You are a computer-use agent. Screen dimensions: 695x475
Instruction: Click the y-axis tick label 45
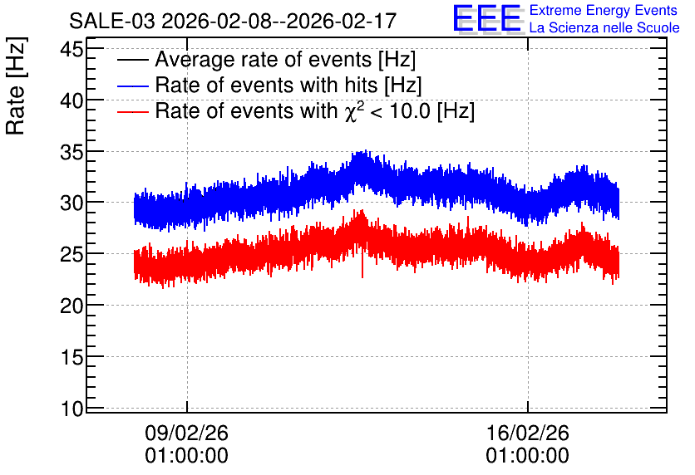coord(71,49)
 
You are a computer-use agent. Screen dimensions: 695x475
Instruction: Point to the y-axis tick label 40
coord(71,100)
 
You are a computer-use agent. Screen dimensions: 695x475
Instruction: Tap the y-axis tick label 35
coord(71,152)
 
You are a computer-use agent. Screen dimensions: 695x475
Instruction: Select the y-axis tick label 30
coord(71,203)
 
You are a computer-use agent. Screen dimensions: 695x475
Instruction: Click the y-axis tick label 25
coord(71,254)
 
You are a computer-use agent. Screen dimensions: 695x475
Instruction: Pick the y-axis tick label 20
coord(71,306)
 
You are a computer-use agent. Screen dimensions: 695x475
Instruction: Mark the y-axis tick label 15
coord(71,357)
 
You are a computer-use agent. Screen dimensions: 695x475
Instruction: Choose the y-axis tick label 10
coord(71,409)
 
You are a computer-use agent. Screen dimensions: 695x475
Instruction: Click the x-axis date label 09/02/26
coord(186,433)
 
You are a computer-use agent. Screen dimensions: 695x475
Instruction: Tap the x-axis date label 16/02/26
coord(527,433)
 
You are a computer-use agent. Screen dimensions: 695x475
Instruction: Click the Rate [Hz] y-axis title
coord(16,86)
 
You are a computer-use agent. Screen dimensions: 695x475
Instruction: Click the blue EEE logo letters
coord(487,18)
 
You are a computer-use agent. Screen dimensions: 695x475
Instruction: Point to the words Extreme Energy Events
coord(604,10)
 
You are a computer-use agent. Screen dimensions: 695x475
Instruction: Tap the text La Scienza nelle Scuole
coord(604,27)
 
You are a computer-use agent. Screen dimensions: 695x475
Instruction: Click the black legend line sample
coord(133,60)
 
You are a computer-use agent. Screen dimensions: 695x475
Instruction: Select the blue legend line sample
coord(133,86)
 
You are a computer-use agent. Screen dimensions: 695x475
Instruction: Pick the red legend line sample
coord(133,111)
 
